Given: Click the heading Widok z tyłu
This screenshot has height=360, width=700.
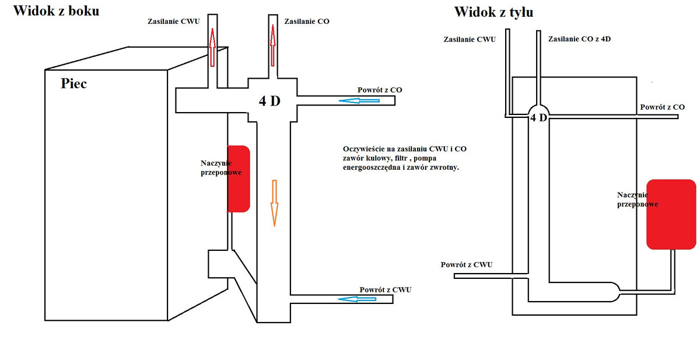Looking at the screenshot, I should click(x=494, y=12).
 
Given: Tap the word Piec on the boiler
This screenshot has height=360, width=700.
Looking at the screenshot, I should click(x=73, y=83).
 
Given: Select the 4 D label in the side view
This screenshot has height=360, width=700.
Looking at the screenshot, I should click(x=269, y=101).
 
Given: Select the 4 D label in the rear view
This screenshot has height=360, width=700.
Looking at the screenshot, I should click(x=539, y=118).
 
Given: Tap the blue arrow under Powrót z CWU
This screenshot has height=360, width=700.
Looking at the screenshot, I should click(x=358, y=299).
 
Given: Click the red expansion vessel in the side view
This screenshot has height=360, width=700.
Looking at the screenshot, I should click(x=239, y=179).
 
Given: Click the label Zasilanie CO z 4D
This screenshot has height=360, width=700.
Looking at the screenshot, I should click(x=579, y=39).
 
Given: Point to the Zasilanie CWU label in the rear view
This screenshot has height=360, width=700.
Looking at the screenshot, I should click(x=470, y=39).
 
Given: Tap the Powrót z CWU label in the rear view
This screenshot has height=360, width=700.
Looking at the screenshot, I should click(x=467, y=265).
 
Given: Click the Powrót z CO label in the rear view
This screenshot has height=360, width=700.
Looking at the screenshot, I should click(x=662, y=107).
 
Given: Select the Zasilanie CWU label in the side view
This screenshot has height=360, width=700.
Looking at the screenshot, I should click(x=173, y=22).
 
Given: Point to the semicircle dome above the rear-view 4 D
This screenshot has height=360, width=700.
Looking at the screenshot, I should click(x=538, y=109).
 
